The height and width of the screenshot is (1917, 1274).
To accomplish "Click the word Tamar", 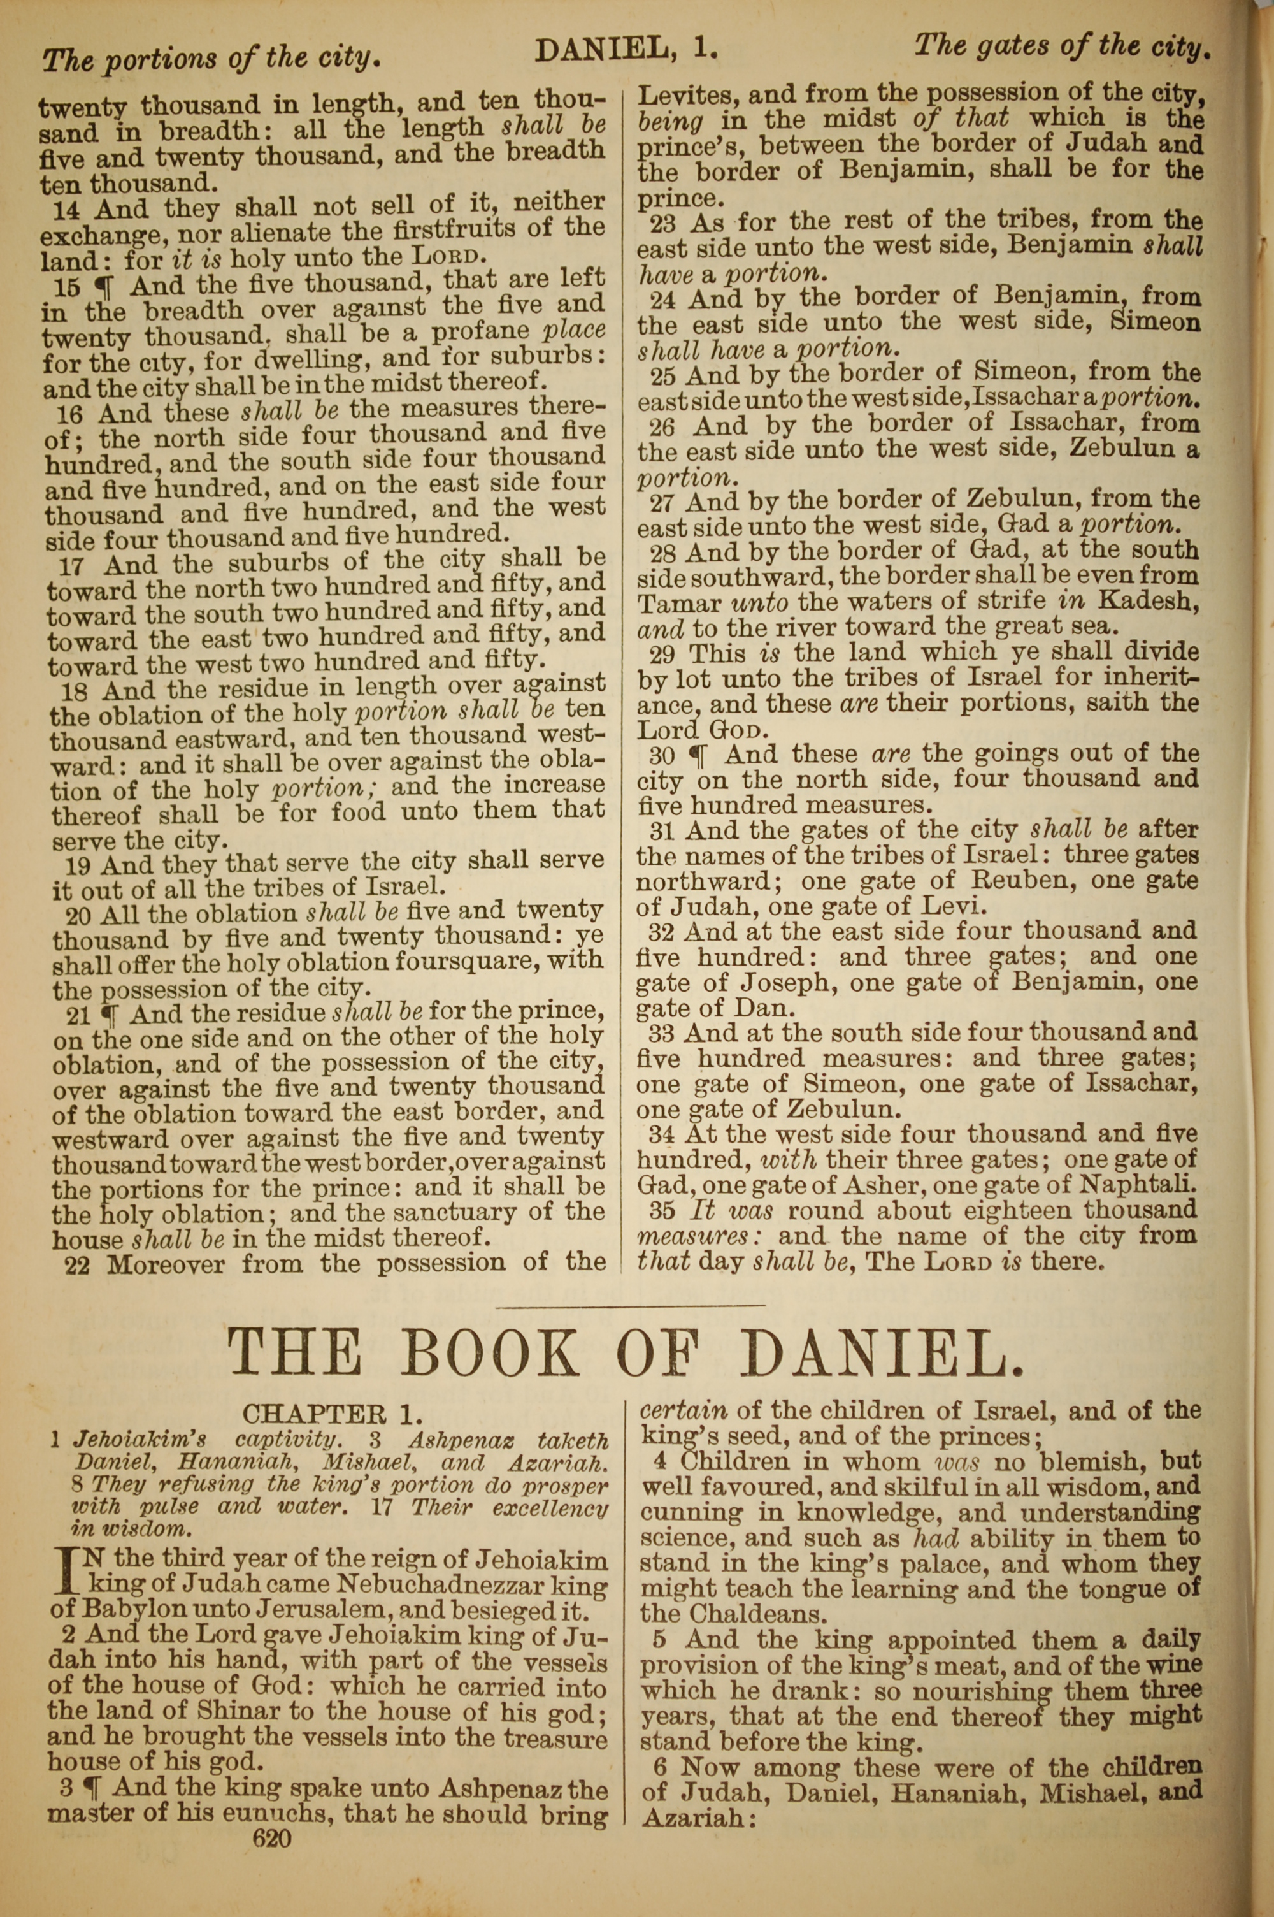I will [x=680, y=604].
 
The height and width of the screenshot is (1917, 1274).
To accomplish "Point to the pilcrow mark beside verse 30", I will [x=698, y=756].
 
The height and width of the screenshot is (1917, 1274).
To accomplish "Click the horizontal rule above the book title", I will [x=630, y=1306].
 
